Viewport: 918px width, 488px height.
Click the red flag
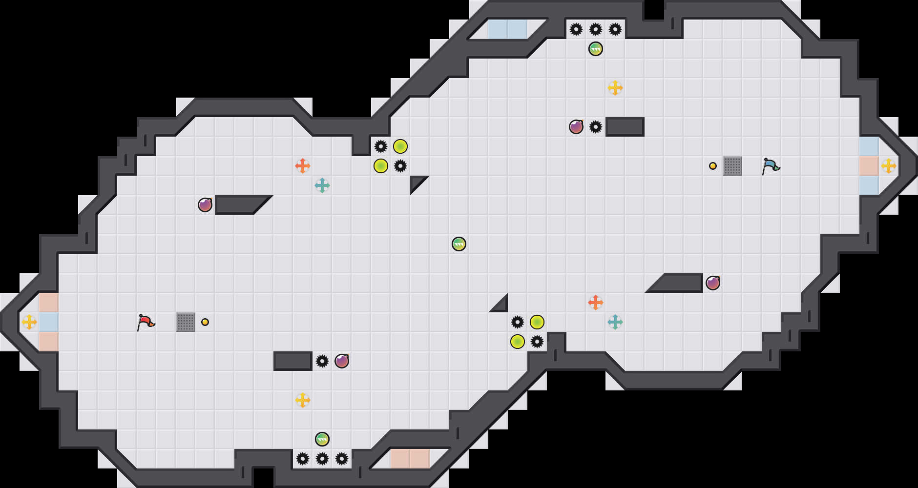point(145,322)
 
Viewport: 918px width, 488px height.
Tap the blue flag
point(770,166)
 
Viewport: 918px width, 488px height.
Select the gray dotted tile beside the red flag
point(186,322)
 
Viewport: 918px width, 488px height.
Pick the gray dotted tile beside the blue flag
point(732,166)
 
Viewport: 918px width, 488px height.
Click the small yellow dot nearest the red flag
point(205,322)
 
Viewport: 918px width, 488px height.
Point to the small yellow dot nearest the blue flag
point(713,166)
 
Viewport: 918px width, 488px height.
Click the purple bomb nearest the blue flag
point(713,283)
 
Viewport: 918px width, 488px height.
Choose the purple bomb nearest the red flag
point(205,205)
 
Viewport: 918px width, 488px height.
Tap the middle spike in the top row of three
point(596,29)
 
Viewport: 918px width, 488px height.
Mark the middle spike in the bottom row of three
point(322,459)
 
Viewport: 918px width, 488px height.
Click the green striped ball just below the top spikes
point(596,49)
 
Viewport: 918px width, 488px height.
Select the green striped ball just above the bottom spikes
point(322,439)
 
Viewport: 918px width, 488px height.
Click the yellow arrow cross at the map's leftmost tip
point(29,322)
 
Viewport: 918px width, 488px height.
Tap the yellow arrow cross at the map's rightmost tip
point(889,166)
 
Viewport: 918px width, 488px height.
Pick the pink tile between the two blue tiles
point(869,166)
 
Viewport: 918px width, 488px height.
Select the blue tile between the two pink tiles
point(49,322)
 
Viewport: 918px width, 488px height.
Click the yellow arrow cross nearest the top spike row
point(615,88)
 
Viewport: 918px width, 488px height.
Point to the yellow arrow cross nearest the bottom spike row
point(303,400)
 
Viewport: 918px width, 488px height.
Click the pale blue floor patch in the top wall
point(508,29)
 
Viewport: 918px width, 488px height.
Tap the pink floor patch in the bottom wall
point(410,459)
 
